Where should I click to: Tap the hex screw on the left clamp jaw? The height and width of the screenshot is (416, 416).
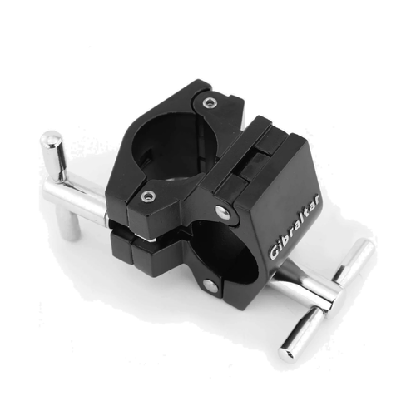point(147,196)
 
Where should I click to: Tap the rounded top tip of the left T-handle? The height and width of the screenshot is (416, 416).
point(52,138)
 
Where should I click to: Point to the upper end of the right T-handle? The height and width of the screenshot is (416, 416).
point(364,247)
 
